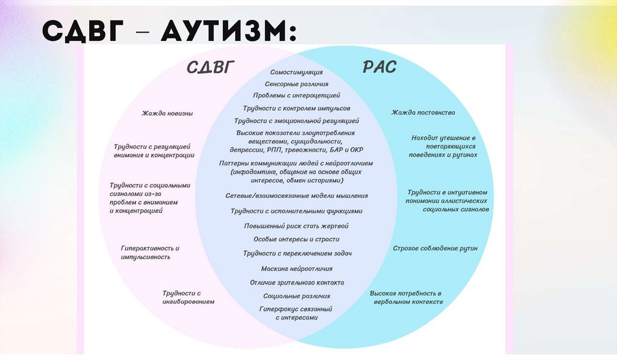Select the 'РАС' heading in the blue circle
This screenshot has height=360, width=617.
380,66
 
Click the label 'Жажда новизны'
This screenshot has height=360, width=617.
168,113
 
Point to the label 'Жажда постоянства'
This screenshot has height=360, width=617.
423,113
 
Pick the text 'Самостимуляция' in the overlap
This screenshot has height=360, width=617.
296,72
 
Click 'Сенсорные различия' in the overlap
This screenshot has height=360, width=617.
296,84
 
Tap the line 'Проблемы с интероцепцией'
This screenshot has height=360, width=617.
296,95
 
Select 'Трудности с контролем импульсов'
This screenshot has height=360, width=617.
296,108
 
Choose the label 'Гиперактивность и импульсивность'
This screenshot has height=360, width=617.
150,252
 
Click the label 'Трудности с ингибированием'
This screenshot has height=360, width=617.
189,297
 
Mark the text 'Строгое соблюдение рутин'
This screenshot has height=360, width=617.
435,248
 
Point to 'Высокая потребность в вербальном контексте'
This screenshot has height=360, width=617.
408,297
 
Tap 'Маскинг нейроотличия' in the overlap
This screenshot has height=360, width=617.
296,268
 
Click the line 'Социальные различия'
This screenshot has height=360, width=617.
296,296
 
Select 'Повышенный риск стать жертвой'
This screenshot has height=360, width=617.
296,226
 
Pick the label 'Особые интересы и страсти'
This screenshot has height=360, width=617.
296,239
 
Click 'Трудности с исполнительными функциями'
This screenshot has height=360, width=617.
296,212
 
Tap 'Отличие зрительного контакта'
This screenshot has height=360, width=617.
297,282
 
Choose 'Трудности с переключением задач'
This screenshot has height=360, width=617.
297,253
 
